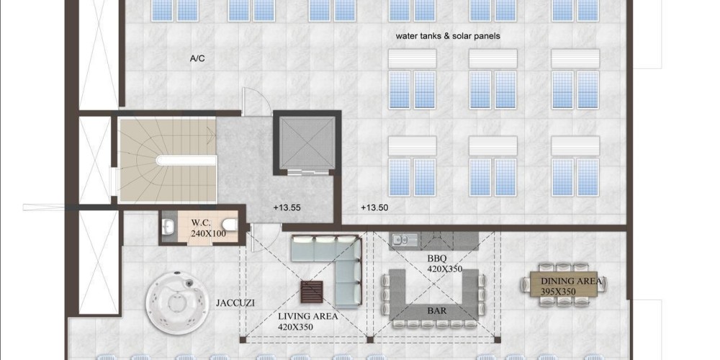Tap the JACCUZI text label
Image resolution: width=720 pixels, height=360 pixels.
235,303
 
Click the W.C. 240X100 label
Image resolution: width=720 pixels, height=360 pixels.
208,228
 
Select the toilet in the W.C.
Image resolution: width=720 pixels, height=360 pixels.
230,225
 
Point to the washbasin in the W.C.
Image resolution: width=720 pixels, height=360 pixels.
168,225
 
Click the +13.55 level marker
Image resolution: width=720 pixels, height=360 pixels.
287,207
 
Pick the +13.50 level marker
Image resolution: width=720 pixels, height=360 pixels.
374,207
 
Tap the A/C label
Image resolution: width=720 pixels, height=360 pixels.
197,58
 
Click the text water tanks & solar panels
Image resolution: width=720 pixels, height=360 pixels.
448,36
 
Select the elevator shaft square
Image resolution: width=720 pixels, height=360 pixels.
307,143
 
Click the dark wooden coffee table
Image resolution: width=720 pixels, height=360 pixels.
311,292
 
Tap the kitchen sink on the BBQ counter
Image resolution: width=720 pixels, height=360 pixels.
405,239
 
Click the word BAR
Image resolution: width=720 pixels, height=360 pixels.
437,311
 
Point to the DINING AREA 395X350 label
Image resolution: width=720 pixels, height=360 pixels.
571,286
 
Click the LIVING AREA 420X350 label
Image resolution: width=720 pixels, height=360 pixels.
307,321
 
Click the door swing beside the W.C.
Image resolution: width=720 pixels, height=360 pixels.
264,238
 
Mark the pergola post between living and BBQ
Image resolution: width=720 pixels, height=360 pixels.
369,340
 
